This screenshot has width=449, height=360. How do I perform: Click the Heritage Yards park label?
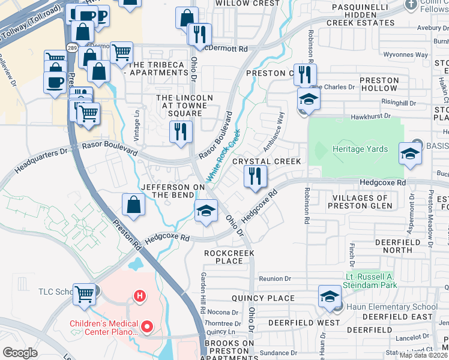coord(360,149)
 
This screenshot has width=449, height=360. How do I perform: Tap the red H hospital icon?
coord(140,296)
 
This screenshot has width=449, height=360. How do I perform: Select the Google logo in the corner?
coord(20,353)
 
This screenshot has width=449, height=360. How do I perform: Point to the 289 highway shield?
coord(71,47)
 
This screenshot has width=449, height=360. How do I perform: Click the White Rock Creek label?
coord(224,156)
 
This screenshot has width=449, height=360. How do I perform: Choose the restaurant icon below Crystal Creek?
coord(255,177)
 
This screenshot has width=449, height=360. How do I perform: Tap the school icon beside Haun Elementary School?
coord(330,296)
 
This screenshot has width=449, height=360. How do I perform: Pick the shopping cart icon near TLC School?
coord(85,294)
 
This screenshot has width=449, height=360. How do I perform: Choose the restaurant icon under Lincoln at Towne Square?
coord(181,131)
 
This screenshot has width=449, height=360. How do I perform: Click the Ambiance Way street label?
coord(273,132)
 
